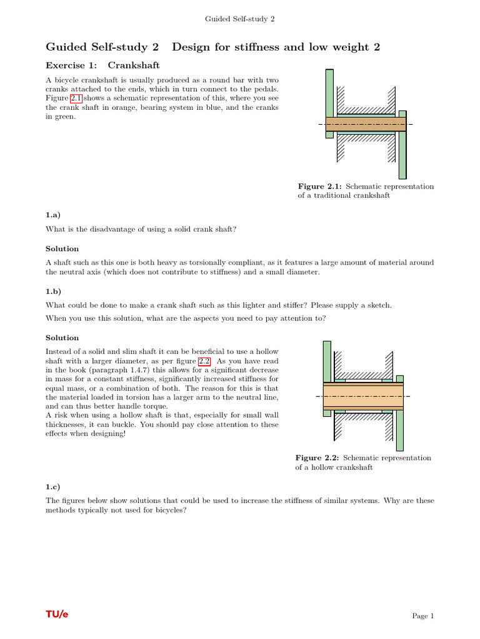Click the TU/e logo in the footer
57,615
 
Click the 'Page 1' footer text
422,616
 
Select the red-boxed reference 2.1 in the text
74,98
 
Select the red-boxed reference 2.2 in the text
204,361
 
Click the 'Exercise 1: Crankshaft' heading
102,65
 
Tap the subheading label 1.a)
52,214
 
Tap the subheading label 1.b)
53,290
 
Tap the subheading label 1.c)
52,485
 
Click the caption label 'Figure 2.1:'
319,187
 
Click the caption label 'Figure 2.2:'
317,457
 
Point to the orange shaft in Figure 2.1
365,124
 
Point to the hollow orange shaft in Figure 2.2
362,396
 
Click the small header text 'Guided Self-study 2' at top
240,19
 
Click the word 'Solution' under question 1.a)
62,248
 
